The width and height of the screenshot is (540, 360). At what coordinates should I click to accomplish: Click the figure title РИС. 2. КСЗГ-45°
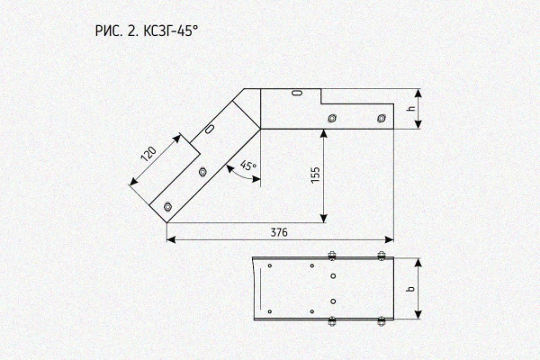(x=147, y=31)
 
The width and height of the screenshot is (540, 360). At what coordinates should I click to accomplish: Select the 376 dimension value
(x=279, y=233)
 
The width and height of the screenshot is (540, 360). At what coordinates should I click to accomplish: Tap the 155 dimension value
(x=316, y=175)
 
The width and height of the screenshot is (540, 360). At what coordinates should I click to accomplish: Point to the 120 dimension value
(x=148, y=154)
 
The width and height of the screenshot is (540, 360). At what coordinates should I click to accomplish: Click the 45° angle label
(x=248, y=166)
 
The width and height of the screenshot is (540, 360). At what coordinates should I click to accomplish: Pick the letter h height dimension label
(x=411, y=108)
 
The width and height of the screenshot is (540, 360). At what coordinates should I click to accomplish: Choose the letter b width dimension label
(x=410, y=289)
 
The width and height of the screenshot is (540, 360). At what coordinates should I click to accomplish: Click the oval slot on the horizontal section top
(x=296, y=93)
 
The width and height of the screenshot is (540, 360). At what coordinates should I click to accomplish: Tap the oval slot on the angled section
(x=210, y=129)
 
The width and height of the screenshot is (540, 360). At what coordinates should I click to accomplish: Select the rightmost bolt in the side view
(x=381, y=119)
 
